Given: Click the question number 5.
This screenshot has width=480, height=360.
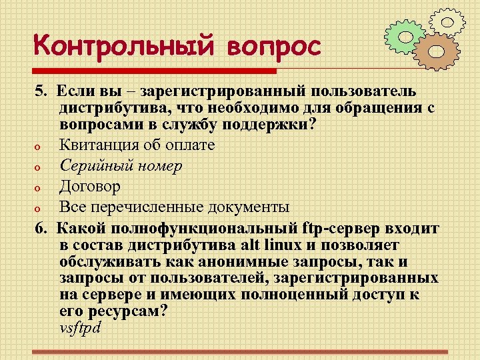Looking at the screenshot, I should tap(41, 90).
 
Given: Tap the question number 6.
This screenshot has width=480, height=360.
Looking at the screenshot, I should tap(41, 229).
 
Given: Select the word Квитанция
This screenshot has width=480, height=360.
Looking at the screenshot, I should tap(99, 144).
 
